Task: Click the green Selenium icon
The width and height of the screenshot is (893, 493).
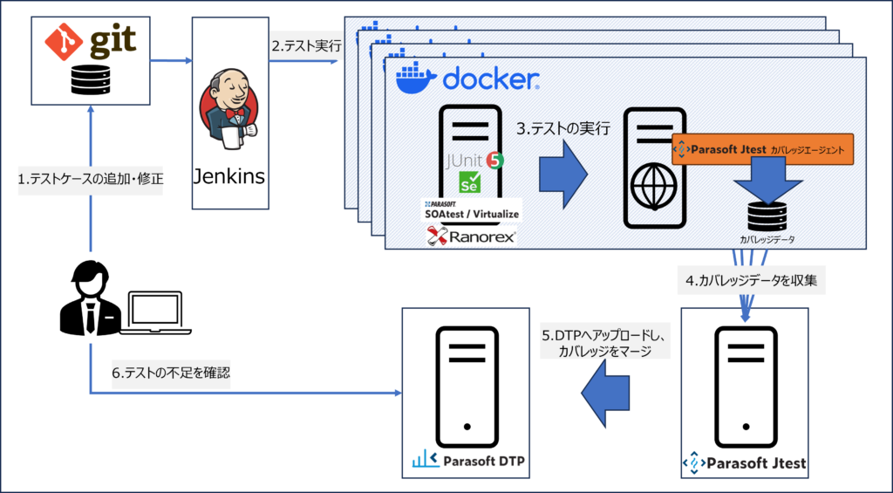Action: point(472,183)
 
